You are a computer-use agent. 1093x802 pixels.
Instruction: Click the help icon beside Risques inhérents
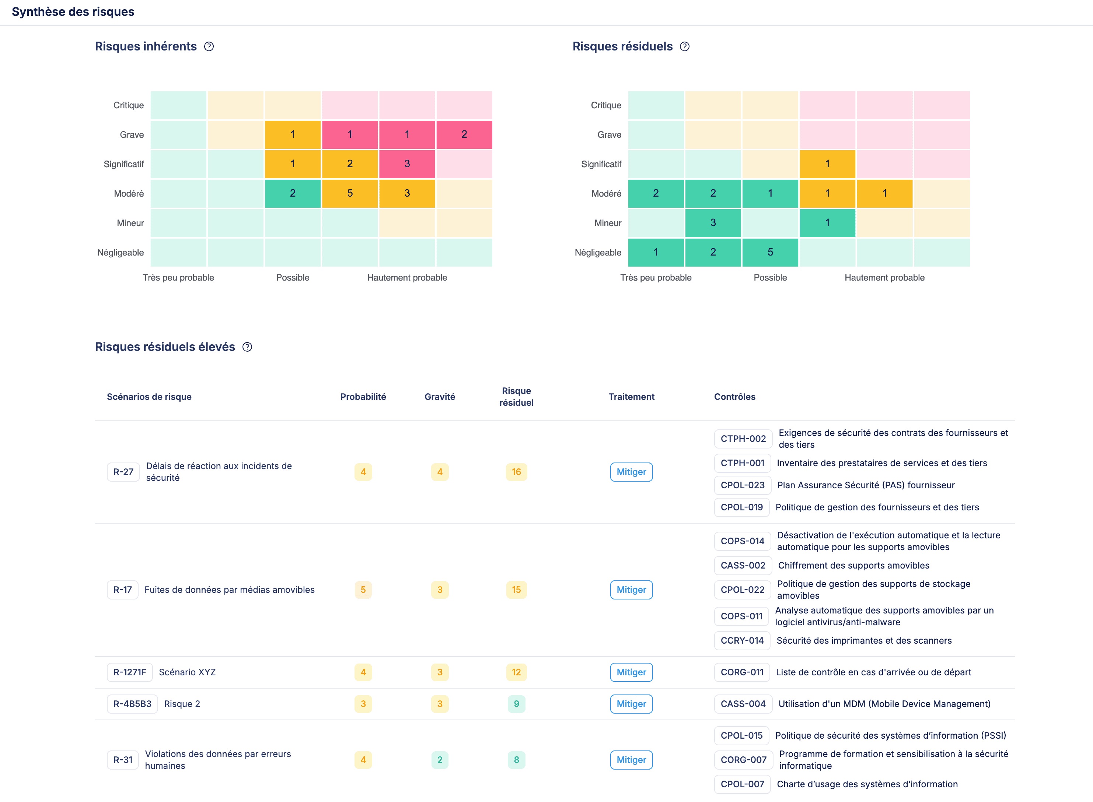click(209, 47)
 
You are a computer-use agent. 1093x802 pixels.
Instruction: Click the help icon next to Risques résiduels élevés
click(247, 347)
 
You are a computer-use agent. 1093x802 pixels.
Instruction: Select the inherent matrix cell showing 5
click(350, 194)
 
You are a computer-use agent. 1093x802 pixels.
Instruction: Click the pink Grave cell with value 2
click(464, 134)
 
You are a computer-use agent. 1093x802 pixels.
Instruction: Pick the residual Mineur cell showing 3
click(713, 223)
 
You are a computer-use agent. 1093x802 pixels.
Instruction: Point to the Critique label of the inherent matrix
click(128, 105)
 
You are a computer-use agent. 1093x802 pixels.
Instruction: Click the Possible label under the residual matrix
click(770, 278)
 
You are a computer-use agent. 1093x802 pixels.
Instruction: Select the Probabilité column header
click(363, 397)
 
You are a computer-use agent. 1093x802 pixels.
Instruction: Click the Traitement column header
click(631, 397)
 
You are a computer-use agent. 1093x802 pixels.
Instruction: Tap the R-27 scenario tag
click(123, 472)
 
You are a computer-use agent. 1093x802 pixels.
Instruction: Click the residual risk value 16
click(516, 472)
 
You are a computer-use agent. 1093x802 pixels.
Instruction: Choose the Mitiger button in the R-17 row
click(631, 590)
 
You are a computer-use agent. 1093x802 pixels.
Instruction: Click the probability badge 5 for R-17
click(363, 590)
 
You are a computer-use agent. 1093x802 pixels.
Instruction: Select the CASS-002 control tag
click(743, 566)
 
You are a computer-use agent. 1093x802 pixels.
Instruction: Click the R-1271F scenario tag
click(130, 672)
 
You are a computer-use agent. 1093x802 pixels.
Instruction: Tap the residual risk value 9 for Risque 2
click(516, 704)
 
